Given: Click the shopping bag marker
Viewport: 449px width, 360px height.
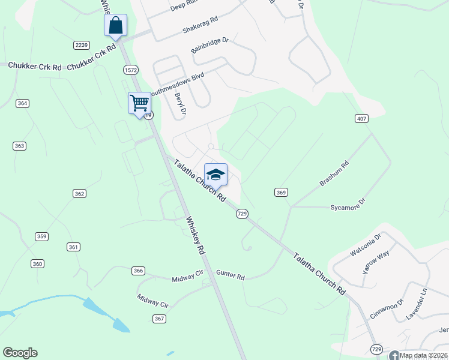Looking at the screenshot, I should coord(116,26).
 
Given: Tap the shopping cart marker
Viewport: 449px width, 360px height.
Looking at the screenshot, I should coord(139,103).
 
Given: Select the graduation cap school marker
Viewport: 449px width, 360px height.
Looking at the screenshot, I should coord(215,175).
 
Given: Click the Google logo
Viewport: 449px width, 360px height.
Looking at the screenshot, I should coord(20,353).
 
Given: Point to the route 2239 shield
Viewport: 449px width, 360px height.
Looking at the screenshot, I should coord(82,45).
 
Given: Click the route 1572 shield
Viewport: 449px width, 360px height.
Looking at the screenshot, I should coord(131,70).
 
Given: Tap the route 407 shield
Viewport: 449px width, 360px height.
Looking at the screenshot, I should coord(361,118).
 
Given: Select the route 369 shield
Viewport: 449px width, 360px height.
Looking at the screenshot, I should coord(282,192).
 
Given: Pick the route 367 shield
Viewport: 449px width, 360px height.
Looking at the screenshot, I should coord(158,318).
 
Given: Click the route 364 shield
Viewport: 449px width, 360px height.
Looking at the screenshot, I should coord(22,103).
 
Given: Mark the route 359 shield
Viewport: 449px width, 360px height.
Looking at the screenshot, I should coord(41,236).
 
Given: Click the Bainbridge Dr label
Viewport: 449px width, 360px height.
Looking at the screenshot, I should coord(210,46).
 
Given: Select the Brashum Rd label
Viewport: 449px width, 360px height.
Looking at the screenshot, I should coord(334,173).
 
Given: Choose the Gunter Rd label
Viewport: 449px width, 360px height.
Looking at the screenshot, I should coord(231,277).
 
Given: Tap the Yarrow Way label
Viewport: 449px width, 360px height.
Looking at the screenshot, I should coord(376,262).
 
